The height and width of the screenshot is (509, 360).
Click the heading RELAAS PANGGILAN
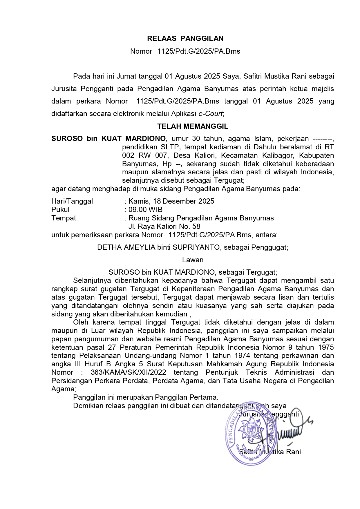click(x=185, y=39)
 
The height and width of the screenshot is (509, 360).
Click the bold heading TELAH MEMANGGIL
click(x=193, y=126)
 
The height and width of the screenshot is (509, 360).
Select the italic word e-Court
click(x=210, y=114)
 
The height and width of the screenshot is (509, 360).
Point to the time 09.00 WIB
click(x=145, y=210)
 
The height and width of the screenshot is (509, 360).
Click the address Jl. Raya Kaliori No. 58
click(x=164, y=227)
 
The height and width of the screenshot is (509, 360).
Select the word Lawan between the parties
click(x=193, y=260)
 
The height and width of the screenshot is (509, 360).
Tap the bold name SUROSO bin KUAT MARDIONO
click(x=108, y=139)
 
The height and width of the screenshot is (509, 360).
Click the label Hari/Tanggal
click(x=72, y=201)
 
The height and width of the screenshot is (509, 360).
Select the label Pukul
click(x=60, y=210)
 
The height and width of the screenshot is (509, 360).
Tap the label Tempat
click(x=64, y=218)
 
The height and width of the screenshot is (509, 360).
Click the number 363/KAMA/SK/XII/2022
click(x=128, y=372)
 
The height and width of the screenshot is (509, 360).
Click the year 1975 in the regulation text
click(x=325, y=347)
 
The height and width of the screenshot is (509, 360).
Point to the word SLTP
click(x=169, y=147)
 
